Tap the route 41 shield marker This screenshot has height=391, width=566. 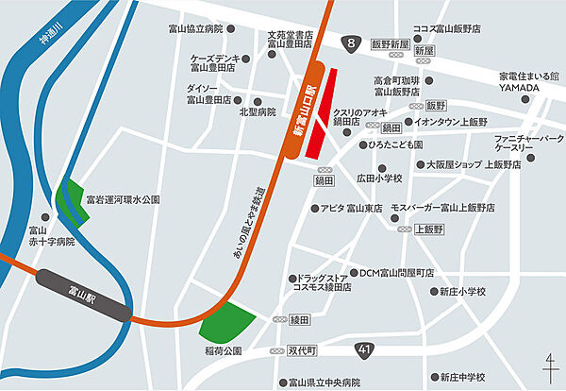(x=364, y=350)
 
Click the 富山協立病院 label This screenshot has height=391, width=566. (x=194, y=28)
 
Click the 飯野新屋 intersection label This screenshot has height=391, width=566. (x=389, y=44)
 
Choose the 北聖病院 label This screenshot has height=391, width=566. (x=257, y=111)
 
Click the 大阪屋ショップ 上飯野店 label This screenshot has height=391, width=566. (x=474, y=164)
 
